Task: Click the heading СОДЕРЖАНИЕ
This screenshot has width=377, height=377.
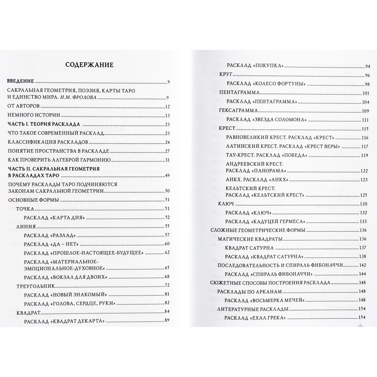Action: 89,65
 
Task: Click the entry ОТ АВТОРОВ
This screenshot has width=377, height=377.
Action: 23,106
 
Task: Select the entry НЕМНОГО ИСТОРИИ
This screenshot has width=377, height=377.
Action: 34,115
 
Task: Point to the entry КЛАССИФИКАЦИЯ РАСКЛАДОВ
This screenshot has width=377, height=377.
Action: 48,142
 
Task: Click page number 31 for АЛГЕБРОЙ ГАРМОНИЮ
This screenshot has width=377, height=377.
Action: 167,160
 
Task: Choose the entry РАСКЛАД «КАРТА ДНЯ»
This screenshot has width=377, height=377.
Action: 54,218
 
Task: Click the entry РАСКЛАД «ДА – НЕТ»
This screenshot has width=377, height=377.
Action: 51,244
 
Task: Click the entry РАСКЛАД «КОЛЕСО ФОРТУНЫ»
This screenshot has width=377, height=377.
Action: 266,84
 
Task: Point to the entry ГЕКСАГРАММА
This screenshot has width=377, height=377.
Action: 238,111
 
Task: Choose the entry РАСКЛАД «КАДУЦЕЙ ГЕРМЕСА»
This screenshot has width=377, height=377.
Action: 265,222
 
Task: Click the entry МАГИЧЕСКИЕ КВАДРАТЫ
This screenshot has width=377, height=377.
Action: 250,239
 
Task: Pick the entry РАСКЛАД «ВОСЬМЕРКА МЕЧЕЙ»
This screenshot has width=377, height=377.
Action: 265,300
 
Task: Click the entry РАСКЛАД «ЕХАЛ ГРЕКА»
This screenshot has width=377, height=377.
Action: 255,318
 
